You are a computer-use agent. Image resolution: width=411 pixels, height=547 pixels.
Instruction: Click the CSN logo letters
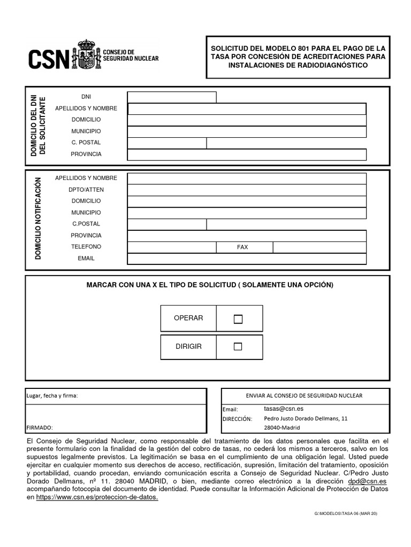tap(48, 58)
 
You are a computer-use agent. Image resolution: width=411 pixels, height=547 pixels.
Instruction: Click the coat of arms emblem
tap(88, 55)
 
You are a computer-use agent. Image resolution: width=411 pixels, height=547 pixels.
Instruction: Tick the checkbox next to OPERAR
tap(238, 319)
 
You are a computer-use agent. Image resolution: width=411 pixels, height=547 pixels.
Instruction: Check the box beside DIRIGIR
tap(238, 347)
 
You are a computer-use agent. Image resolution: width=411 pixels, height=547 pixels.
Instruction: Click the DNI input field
tap(172, 97)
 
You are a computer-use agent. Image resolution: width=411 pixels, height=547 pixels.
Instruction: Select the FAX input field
tap(319, 247)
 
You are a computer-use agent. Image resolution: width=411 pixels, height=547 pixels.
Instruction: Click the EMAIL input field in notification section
tap(247, 259)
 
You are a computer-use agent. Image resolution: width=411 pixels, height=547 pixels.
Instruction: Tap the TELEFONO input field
tap(172, 247)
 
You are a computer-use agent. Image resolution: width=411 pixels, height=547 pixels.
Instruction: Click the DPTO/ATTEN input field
tap(247, 190)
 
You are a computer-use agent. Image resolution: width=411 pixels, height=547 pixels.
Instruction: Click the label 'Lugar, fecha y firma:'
tap(52, 396)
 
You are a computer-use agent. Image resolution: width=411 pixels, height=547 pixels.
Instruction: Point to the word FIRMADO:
tap(40, 427)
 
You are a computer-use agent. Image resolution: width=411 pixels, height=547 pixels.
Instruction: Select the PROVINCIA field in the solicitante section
tap(247, 154)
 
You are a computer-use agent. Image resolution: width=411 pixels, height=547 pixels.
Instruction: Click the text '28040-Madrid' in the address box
tap(282, 428)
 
